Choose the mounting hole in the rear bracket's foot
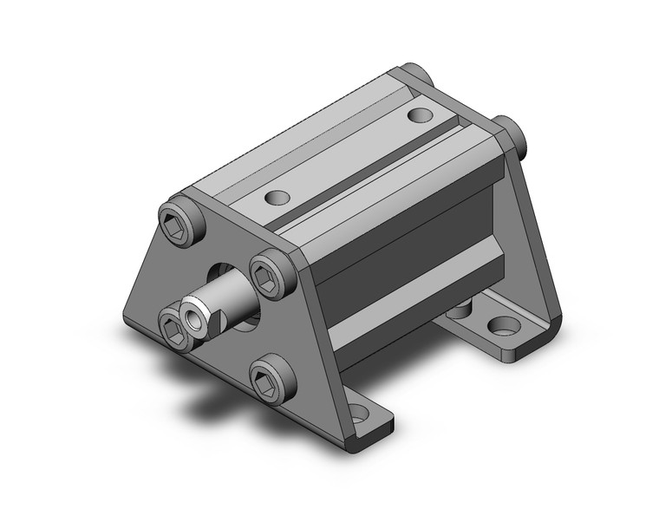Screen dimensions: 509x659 click(x=500, y=328)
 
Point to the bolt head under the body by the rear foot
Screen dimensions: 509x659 click(x=460, y=308)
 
